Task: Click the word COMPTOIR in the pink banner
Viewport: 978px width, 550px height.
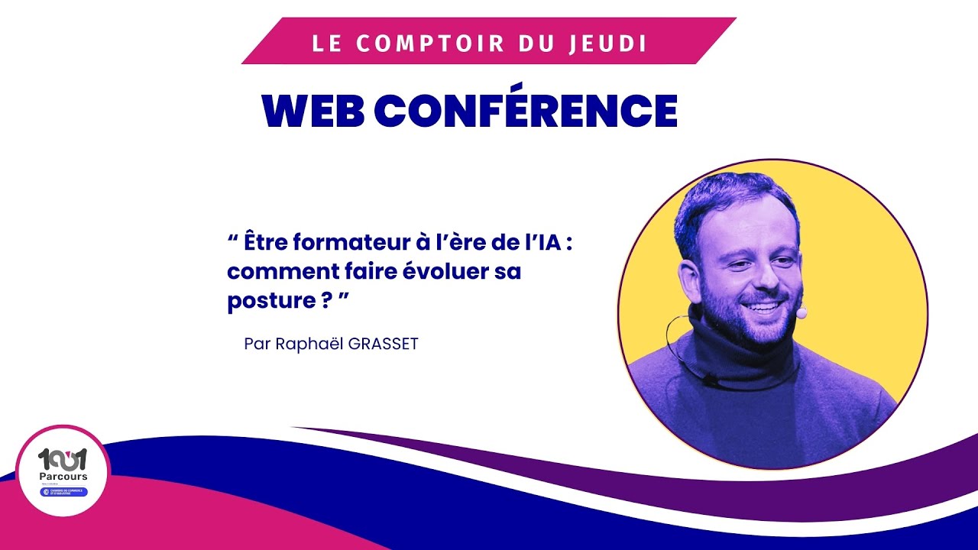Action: click(432, 43)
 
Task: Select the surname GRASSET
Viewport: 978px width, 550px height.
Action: click(384, 344)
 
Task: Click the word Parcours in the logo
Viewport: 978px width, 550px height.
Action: click(63, 477)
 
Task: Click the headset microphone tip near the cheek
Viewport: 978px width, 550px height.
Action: click(802, 312)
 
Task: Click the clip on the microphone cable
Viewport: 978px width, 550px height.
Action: click(709, 379)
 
